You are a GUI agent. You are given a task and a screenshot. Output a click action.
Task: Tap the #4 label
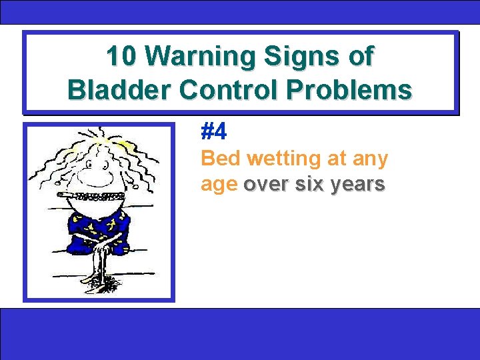tap(214, 132)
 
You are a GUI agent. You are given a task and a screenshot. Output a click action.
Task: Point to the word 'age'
tap(219, 185)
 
